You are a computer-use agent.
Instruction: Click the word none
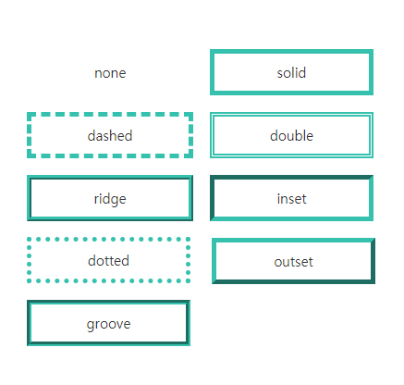pyautogui.click(x=110, y=73)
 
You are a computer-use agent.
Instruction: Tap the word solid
pyautogui.click(x=291, y=73)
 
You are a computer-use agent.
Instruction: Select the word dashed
pyautogui.click(x=110, y=136)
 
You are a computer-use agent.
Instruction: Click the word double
pyautogui.click(x=291, y=136)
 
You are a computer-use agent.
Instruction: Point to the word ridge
pyautogui.click(x=110, y=199)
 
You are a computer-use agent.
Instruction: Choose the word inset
pyautogui.click(x=291, y=199)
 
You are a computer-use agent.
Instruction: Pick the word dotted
pyautogui.click(x=108, y=261)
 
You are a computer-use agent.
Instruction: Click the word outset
pyautogui.click(x=293, y=262)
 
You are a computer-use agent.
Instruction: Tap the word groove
pyautogui.click(x=108, y=324)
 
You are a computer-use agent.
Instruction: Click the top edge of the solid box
pyautogui.click(x=291, y=52)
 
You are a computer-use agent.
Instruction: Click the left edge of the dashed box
pyautogui.click(x=30, y=136)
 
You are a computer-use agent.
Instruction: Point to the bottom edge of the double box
pyautogui.click(x=291, y=156)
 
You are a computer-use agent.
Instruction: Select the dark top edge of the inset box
pyautogui.click(x=291, y=178)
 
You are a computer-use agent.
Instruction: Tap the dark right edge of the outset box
pyautogui.click(x=373, y=262)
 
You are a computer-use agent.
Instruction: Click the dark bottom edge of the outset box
pyautogui.click(x=293, y=282)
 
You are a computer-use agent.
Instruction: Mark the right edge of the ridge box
pyautogui.click(x=190, y=199)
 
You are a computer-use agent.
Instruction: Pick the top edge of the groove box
pyautogui.click(x=108, y=303)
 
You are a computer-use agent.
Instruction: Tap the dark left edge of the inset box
pyautogui.click(x=213, y=199)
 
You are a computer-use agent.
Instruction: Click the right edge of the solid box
pyautogui.click(x=371, y=73)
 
